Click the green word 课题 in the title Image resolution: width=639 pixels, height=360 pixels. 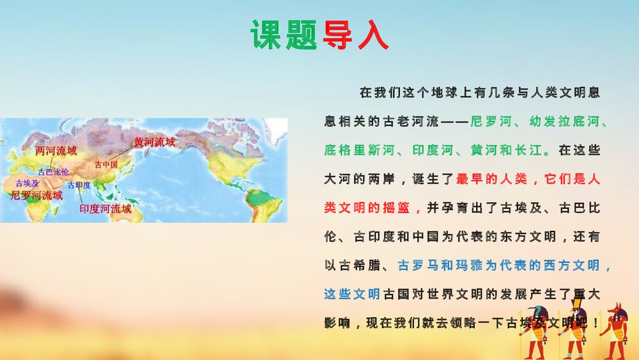click(284, 36)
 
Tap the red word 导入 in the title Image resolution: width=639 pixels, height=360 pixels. click(355, 36)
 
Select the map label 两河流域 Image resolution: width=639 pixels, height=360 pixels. click(56, 151)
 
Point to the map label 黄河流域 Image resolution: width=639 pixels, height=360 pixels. click(154, 142)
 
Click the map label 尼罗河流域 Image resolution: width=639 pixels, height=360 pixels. click(36, 195)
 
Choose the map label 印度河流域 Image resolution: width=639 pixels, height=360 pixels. click(105, 208)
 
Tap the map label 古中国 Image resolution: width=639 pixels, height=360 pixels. click(106, 164)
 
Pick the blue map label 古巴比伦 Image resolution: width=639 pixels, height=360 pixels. click(53, 172)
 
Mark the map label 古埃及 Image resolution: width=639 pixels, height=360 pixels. click(27, 183)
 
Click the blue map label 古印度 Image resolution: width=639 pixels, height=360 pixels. click(79, 185)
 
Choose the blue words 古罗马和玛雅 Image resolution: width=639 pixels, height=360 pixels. click(440, 265)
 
